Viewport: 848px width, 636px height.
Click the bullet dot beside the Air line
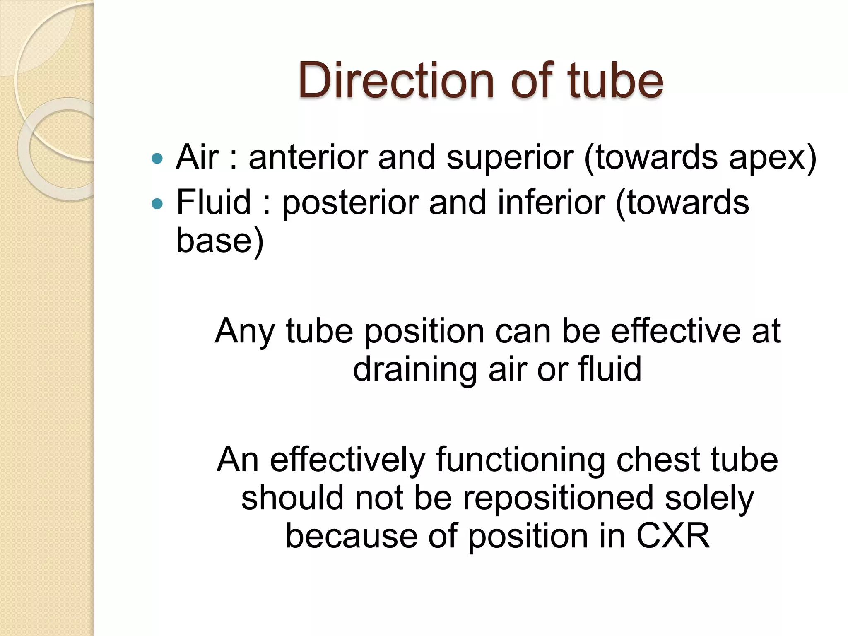click(157, 158)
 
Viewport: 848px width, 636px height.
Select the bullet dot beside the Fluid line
click(157, 203)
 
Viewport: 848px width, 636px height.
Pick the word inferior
click(551, 202)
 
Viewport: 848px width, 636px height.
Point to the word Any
click(244, 332)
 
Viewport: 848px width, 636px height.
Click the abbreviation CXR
click(673, 536)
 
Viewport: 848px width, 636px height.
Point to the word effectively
click(347, 460)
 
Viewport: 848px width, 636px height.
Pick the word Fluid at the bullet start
click(214, 202)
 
